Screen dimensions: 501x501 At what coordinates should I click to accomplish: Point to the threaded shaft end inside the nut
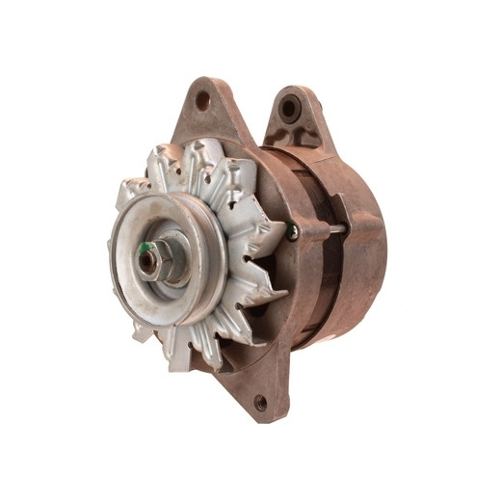click(x=147, y=261)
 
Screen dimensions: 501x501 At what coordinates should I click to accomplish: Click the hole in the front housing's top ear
click(x=203, y=99)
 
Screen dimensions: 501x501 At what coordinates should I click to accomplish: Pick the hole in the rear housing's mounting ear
click(x=288, y=108)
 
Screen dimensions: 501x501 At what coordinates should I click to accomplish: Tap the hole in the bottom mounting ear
click(x=260, y=402)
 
